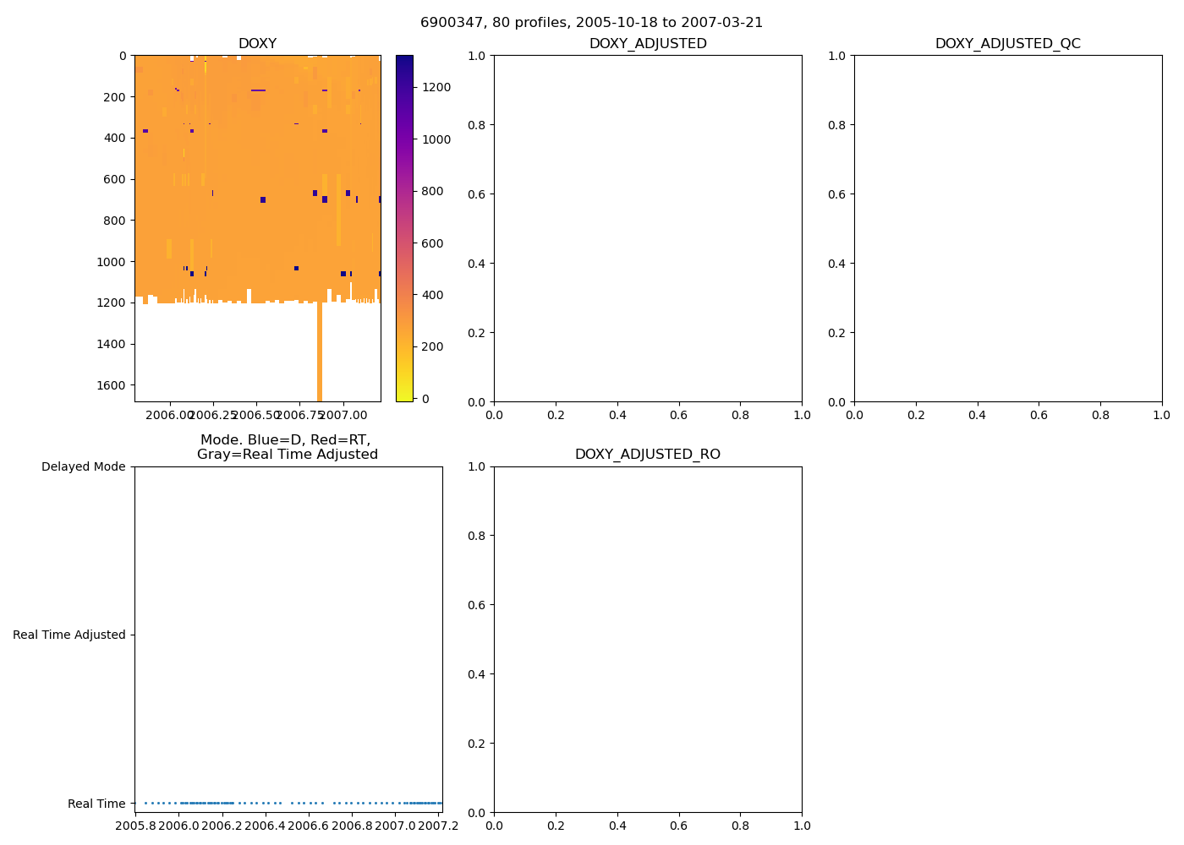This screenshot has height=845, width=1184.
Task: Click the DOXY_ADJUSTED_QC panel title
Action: click(x=1007, y=44)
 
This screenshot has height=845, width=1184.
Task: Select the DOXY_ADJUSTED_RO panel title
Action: click(x=647, y=455)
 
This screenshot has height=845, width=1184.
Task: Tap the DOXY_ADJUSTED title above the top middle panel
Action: click(x=647, y=44)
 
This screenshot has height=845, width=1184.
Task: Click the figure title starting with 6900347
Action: click(x=591, y=23)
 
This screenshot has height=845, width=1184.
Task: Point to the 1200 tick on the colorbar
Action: click(x=436, y=87)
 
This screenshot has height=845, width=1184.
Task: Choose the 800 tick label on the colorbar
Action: click(x=436, y=191)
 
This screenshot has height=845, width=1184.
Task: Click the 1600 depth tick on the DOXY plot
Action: click(x=112, y=385)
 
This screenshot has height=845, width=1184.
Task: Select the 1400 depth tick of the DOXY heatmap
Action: click(x=112, y=344)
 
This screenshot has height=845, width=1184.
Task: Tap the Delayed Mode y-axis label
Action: click(x=83, y=466)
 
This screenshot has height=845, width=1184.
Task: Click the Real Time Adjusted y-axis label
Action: click(x=69, y=635)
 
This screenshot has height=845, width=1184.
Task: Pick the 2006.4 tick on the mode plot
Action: click(x=266, y=826)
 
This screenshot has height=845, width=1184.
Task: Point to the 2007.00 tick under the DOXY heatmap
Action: click(x=344, y=415)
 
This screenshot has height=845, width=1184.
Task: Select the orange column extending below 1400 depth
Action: click(x=320, y=355)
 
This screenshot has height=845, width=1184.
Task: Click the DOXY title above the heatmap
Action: click(x=257, y=44)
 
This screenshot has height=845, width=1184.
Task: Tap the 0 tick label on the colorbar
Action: click(x=425, y=399)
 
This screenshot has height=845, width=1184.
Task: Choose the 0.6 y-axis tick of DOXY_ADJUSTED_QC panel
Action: click(x=840, y=194)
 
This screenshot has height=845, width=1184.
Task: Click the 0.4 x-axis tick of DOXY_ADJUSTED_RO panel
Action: click(x=617, y=826)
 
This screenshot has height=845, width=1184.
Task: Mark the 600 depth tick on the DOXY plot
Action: click(x=116, y=179)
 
